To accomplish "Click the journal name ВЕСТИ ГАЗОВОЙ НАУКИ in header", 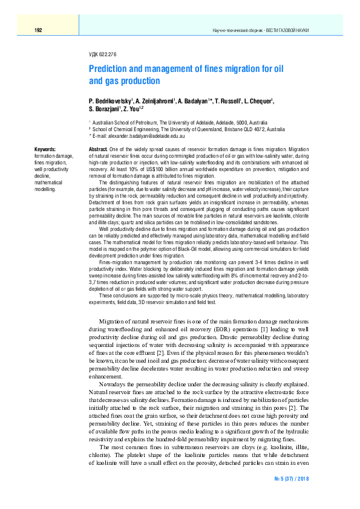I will tap(284, 30).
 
